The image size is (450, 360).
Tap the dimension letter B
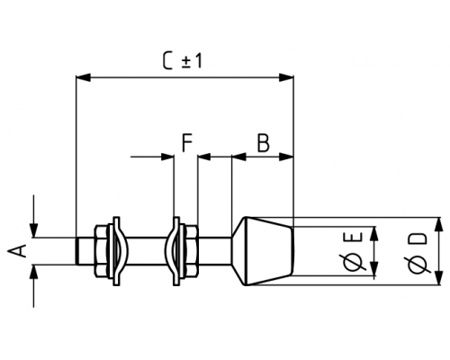click(264, 143)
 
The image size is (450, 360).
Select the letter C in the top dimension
click(168, 60)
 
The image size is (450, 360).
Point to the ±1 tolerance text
click(193, 61)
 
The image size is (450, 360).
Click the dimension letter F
click(187, 143)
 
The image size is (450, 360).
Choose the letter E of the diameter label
click(355, 237)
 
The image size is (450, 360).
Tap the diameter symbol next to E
click(354, 262)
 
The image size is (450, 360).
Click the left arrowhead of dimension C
click(83, 77)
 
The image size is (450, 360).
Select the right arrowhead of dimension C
click(286, 77)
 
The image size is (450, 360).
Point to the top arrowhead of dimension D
click(439, 224)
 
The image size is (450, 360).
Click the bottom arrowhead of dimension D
click(439, 278)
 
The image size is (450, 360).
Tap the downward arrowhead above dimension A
click(33, 230)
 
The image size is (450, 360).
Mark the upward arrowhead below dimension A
click(33, 272)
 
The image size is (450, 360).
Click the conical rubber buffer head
click(263, 251)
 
